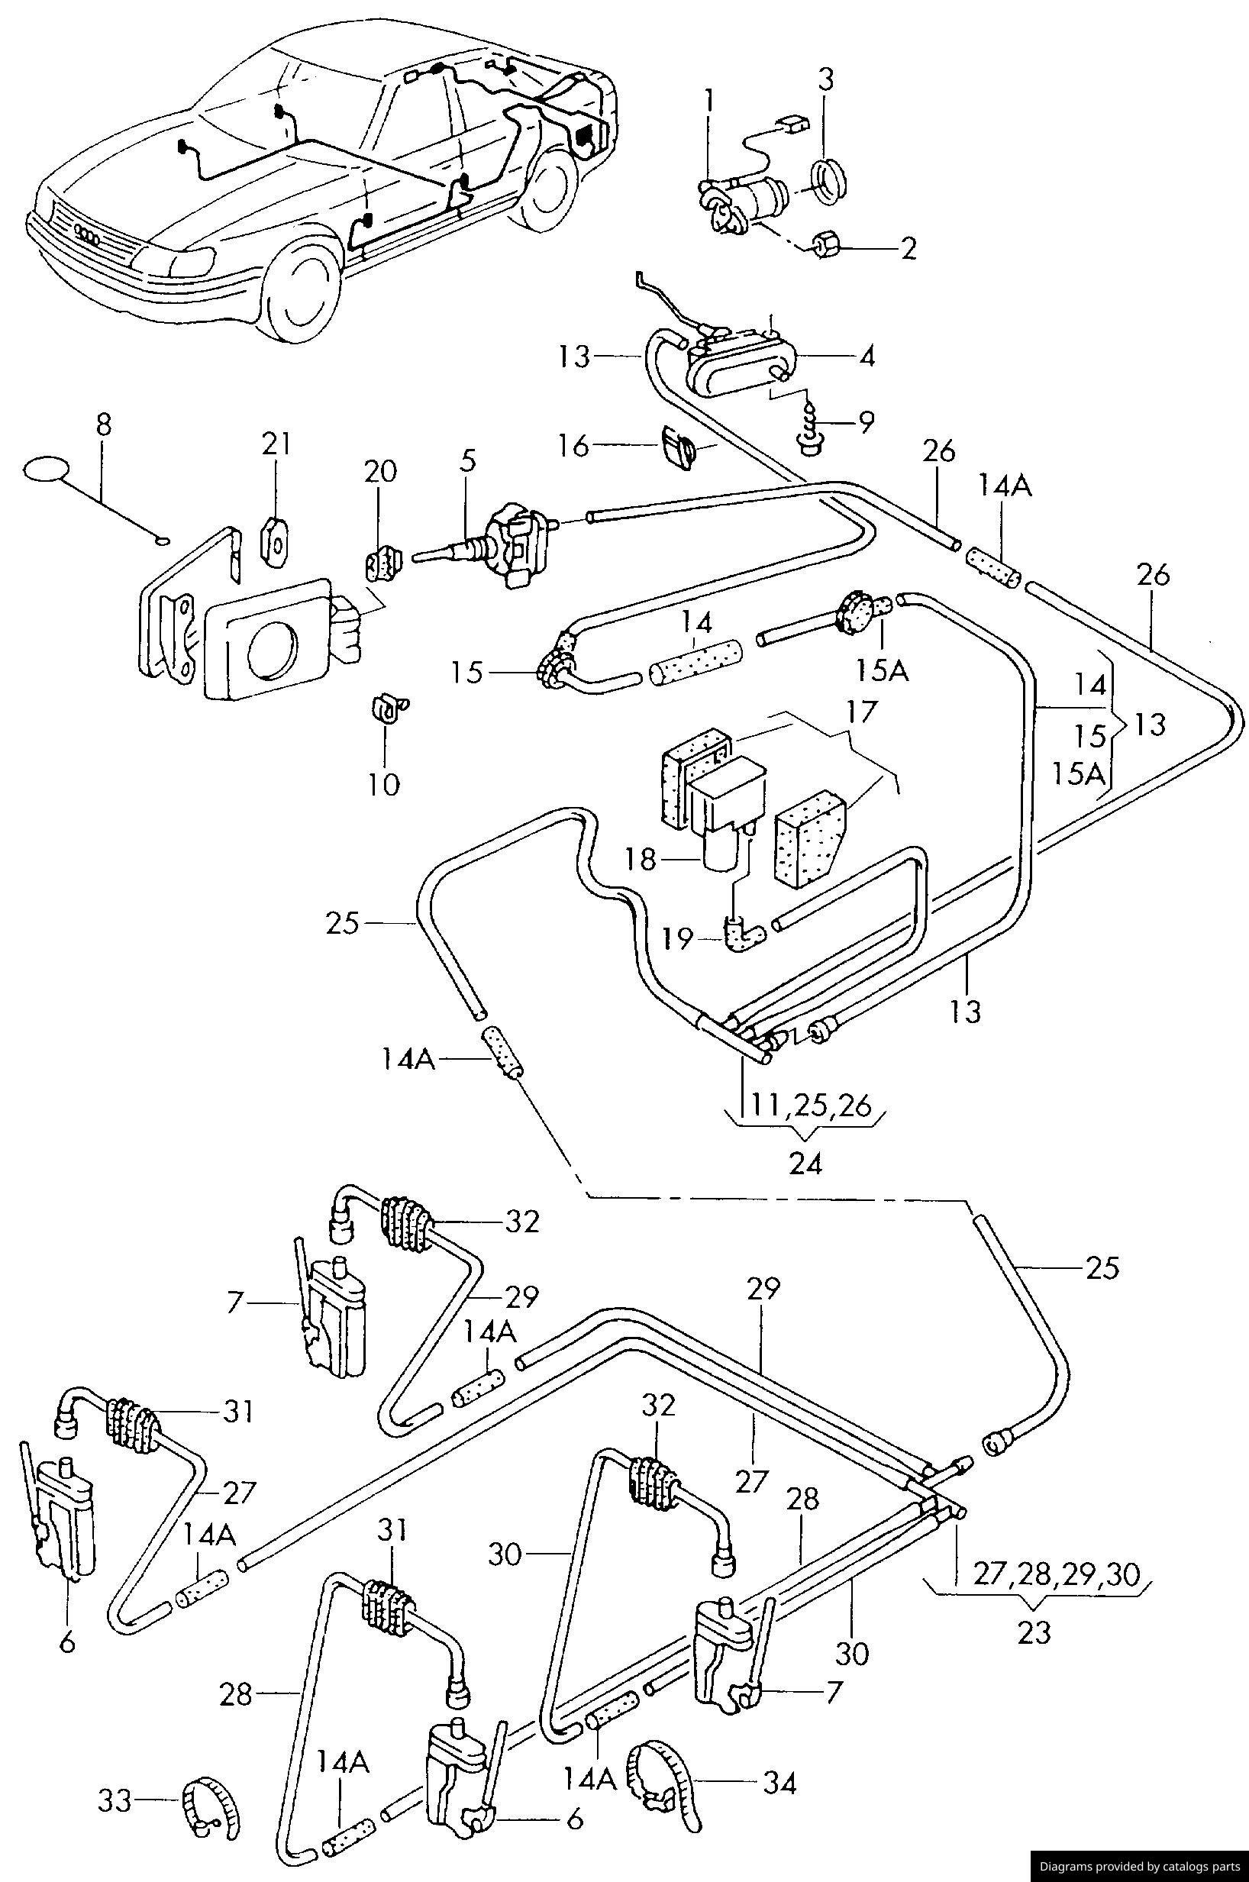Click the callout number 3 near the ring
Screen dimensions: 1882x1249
(x=826, y=80)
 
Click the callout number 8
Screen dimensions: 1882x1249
(x=104, y=426)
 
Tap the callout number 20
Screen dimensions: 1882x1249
(x=379, y=472)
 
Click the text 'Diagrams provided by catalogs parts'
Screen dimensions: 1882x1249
(x=1139, y=1866)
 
